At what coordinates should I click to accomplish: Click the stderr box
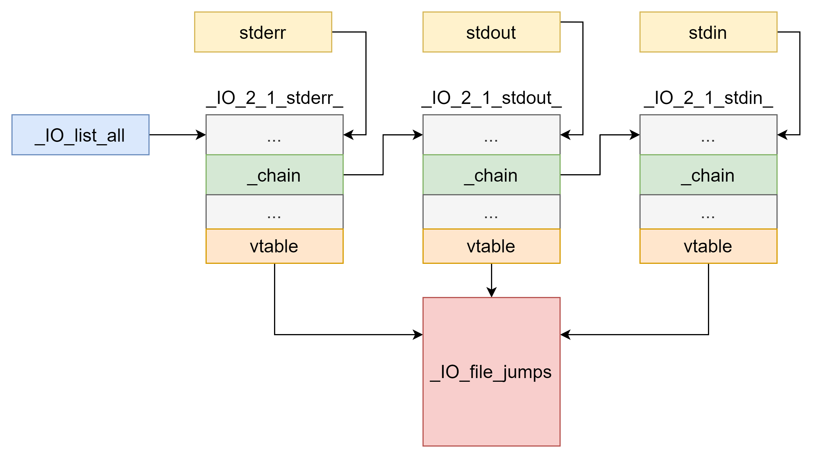tap(263, 32)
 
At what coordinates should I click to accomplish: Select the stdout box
tap(491, 32)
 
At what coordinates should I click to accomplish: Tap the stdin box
tap(708, 32)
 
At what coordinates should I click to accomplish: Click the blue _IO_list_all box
tap(80, 135)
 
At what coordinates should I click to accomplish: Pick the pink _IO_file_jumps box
tap(491, 372)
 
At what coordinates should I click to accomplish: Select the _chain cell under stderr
tap(274, 175)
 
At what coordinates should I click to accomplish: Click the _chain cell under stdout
tap(491, 175)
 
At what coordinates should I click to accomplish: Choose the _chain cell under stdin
tap(708, 175)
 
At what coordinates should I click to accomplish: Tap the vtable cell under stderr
tap(274, 246)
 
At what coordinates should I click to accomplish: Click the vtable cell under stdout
tap(491, 246)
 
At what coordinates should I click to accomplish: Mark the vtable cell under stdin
tap(708, 246)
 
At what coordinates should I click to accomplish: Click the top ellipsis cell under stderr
tap(274, 135)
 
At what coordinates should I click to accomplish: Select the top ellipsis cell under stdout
tap(491, 135)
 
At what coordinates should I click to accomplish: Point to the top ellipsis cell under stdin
tap(708, 135)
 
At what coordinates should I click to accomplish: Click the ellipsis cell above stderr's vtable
tap(274, 212)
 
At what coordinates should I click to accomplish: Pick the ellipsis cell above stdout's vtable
tap(491, 212)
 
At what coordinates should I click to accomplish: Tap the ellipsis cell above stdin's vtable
tap(708, 212)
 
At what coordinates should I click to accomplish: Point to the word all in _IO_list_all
tap(115, 135)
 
